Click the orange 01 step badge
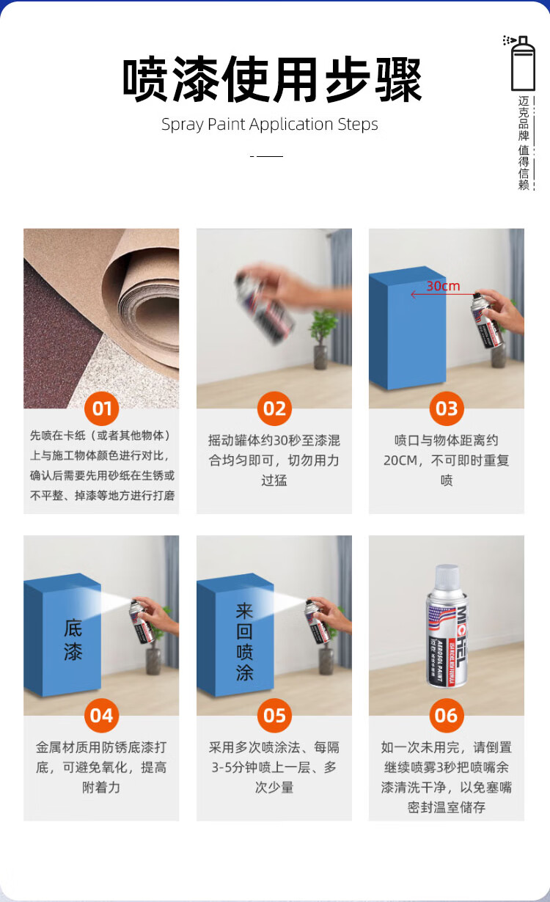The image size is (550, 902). (101, 408)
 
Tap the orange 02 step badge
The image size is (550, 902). (274, 408)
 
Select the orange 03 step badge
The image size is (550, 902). (447, 408)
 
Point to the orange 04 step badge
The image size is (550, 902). (101, 715)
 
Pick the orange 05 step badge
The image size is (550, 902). (274, 715)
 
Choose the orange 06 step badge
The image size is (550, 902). (447, 715)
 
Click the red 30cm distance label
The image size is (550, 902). (443, 286)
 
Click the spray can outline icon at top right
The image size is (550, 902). (520, 63)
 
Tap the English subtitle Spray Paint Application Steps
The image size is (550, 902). (270, 124)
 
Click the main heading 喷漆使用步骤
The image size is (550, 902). (272, 79)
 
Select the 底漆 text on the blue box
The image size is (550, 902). (73, 640)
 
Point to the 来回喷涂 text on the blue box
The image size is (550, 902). (244, 642)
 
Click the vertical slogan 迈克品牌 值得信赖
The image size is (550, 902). (524, 142)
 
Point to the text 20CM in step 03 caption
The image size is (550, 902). (400, 460)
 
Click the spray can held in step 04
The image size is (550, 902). (142, 621)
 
